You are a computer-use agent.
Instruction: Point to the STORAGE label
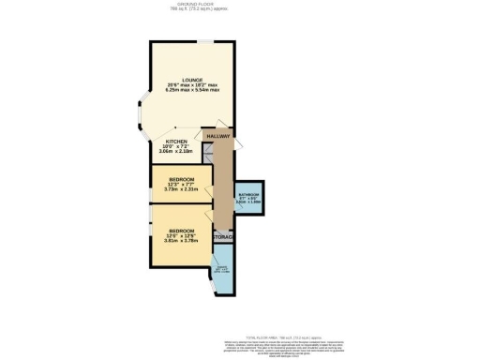pos(222,237)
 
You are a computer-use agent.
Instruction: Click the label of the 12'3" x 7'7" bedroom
pos(181,178)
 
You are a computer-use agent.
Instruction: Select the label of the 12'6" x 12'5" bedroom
pos(181,230)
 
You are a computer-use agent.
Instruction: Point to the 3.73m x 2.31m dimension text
pos(181,189)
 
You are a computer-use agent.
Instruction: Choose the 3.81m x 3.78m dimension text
pos(181,241)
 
